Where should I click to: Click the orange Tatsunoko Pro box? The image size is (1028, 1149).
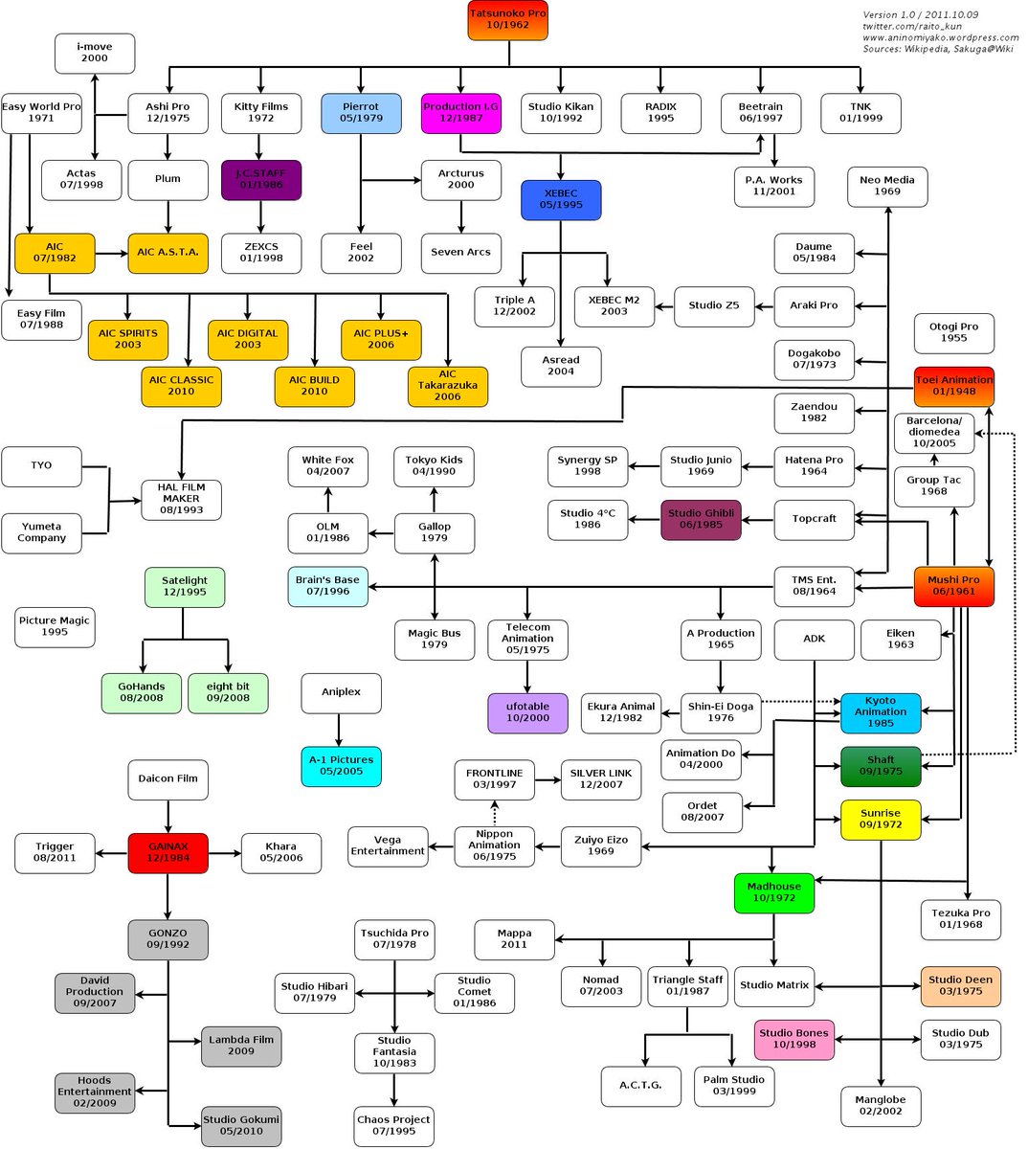507,19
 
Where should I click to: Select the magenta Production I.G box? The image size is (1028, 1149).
460,113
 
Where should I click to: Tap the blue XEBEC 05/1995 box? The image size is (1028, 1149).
561,199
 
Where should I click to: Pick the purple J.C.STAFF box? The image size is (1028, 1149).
260,179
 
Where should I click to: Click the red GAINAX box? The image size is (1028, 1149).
168,852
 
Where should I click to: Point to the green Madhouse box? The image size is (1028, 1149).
773,892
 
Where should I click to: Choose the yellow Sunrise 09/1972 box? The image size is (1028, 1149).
881,819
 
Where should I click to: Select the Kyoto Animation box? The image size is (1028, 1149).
881,712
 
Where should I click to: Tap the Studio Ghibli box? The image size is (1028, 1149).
701,519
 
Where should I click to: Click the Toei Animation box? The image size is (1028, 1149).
953,386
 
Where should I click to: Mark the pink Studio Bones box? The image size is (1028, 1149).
793,1039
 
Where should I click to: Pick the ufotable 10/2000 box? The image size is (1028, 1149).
527,712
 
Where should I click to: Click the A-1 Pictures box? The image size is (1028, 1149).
341,765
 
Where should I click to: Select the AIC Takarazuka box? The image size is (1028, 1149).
447,386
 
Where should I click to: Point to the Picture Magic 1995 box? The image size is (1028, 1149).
55,626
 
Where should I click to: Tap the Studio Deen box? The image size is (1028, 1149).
960,985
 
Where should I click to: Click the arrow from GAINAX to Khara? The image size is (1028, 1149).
224,852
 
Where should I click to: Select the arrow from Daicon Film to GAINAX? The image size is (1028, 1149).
168,816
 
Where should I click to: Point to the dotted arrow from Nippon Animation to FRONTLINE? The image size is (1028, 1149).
495,813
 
